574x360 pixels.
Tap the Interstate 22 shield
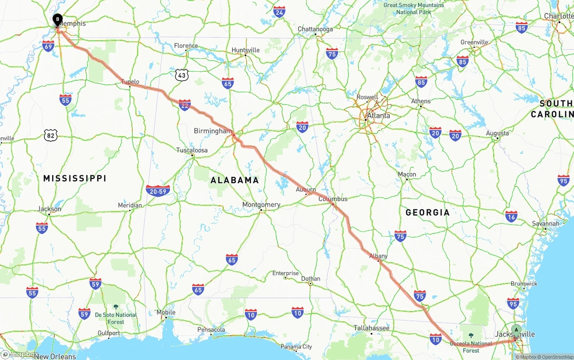(184, 105)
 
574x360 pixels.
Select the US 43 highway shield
(181, 75)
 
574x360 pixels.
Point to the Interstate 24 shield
(279, 12)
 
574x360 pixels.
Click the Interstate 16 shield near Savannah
(511, 216)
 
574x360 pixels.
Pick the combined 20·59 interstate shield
(158, 191)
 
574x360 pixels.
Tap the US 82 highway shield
(51, 135)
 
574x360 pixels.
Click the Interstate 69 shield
(48, 45)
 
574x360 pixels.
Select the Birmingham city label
(213, 131)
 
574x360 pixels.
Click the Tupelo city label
(130, 82)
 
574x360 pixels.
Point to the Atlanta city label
(378, 115)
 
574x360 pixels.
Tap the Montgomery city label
(261, 204)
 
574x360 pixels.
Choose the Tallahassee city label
(371, 328)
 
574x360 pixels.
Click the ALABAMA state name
(235, 180)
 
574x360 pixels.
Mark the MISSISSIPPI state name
(75, 178)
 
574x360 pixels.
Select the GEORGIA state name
(427, 213)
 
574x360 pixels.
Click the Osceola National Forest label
(471, 347)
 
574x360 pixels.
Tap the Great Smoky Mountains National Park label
(413, 9)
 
